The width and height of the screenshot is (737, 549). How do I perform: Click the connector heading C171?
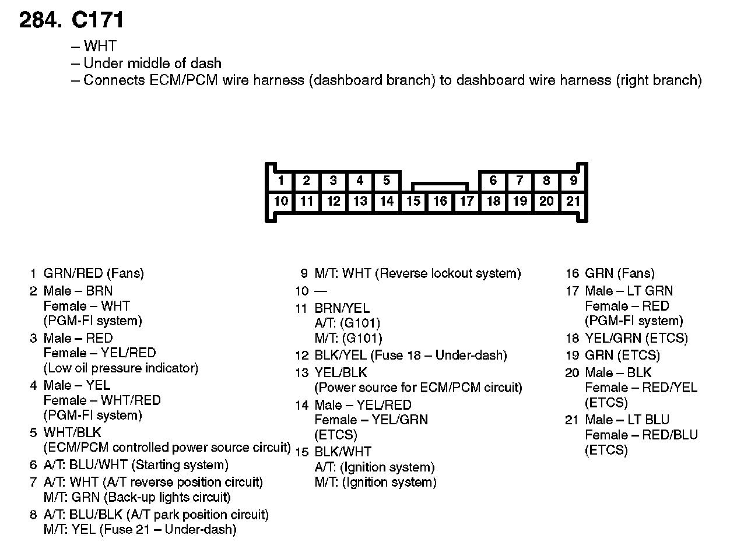point(97,20)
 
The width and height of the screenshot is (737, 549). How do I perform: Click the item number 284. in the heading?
point(40,20)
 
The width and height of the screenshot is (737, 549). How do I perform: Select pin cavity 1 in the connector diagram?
point(281,181)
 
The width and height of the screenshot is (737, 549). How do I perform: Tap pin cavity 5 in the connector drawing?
point(386,181)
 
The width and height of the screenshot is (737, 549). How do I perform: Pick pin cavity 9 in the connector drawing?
point(573,181)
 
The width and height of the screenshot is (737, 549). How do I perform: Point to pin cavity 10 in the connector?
point(281,202)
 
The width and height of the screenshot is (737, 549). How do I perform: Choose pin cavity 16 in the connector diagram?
point(440,202)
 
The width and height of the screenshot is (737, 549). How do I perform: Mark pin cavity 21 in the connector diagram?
point(573,202)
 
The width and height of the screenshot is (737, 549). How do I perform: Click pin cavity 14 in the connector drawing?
point(386,202)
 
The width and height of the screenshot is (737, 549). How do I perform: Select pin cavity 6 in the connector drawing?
point(493,181)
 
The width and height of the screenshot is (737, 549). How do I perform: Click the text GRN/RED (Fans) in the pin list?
point(93,273)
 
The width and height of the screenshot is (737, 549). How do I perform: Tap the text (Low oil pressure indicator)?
point(121,368)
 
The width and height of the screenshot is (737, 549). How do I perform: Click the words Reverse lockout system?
point(450,273)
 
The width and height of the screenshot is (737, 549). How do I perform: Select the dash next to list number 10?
point(321,291)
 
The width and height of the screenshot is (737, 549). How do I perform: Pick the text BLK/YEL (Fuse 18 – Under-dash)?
point(410,356)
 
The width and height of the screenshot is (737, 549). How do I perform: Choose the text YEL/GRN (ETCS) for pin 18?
point(636,338)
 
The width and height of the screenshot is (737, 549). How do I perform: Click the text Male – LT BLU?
point(627,420)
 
